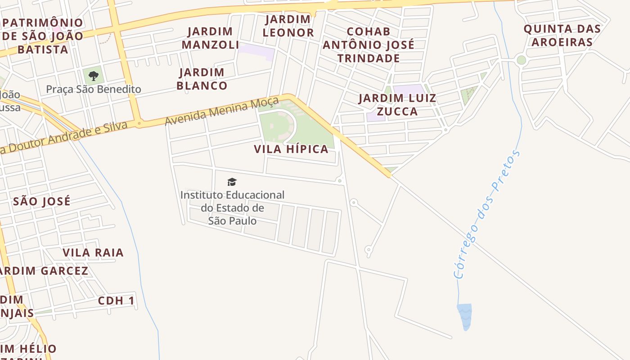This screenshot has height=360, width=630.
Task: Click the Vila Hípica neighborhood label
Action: click(x=291, y=149)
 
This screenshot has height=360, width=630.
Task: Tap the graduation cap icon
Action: click(x=232, y=182)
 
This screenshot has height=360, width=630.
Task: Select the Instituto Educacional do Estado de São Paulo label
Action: click(x=232, y=208)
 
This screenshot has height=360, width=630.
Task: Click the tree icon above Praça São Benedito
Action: click(x=94, y=76)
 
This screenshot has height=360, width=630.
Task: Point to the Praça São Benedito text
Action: click(x=94, y=89)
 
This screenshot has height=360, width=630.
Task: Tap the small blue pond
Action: click(x=465, y=317)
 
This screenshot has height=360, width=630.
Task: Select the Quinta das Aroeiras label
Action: click(x=562, y=36)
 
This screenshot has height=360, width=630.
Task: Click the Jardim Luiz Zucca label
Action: click(x=397, y=105)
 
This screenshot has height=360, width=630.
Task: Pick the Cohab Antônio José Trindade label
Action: click(x=369, y=45)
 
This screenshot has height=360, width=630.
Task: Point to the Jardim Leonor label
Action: click(x=288, y=26)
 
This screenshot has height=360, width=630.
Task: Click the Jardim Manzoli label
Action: click(x=210, y=38)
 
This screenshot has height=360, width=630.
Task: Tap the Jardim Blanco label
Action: click(x=202, y=79)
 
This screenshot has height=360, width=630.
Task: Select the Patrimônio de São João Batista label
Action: click(x=43, y=36)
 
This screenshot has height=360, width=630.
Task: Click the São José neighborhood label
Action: click(x=42, y=201)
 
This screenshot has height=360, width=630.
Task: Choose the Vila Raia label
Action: click(x=93, y=252)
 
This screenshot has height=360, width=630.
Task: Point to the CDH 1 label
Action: click(x=116, y=301)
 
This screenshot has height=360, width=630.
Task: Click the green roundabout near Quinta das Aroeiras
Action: click(x=521, y=60)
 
